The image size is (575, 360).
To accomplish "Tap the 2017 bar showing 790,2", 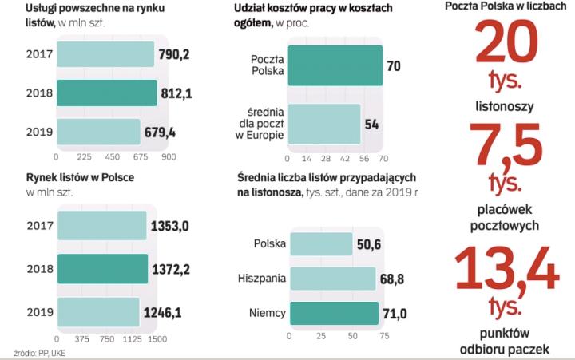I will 104,54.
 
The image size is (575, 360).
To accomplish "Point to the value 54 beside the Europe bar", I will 371,124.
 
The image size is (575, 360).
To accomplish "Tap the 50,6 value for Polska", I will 368,243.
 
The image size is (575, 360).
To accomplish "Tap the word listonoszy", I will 506,105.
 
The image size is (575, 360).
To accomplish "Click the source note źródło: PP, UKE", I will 40,352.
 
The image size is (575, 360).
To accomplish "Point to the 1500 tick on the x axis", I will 157,339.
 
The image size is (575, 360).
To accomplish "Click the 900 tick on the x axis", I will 169,157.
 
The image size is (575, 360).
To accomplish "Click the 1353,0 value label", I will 169,227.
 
